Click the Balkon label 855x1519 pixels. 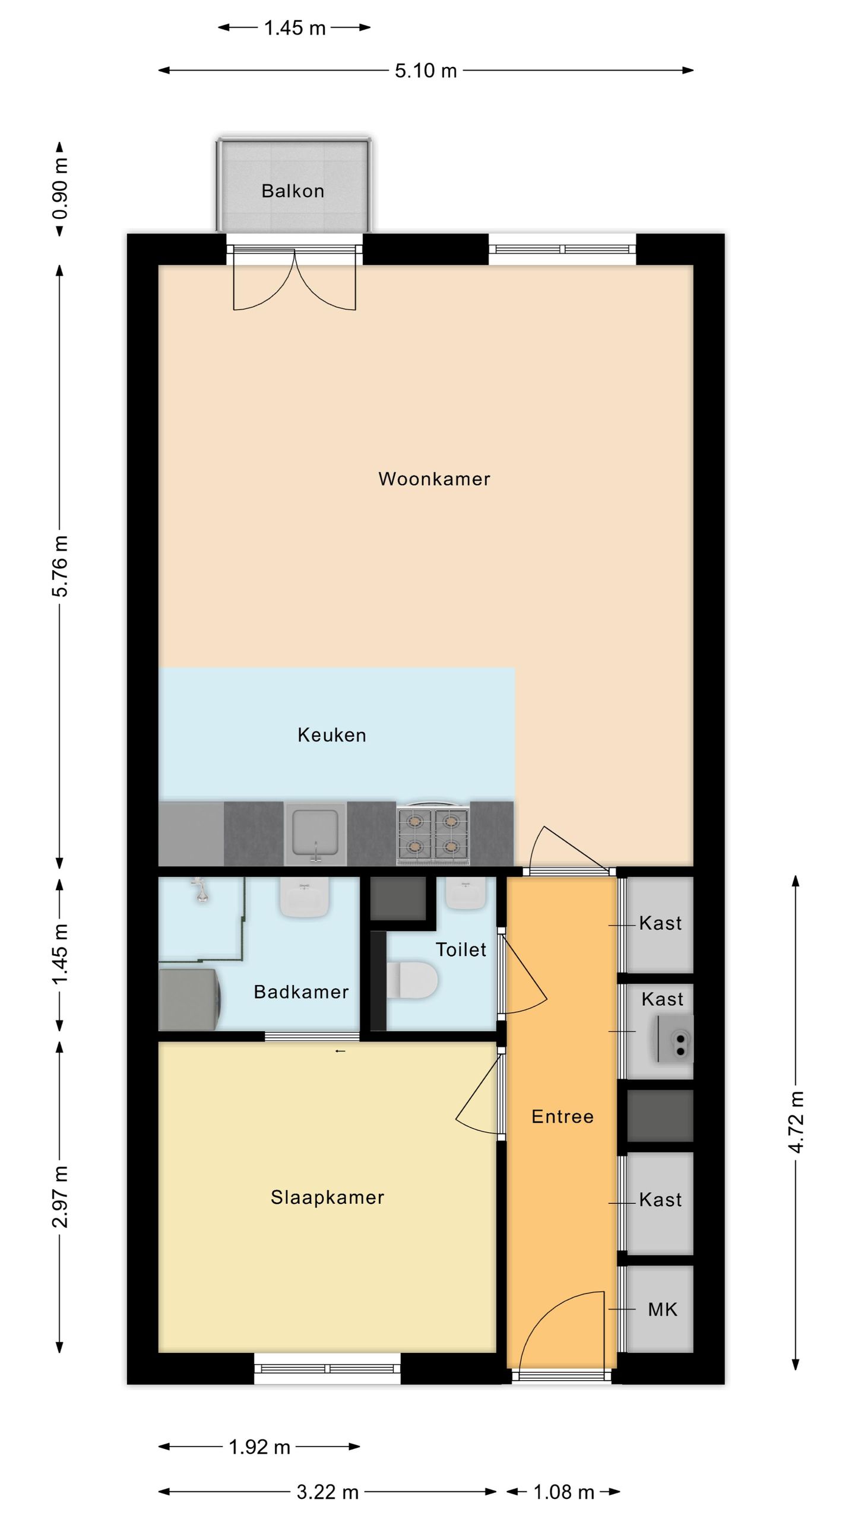pyautogui.click(x=293, y=191)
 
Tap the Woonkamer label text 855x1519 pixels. pyautogui.click(x=434, y=479)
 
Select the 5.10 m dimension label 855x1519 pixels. pyautogui.click(x=426, y=71)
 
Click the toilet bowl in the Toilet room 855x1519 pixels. pyautogui.click(x=413, y=980)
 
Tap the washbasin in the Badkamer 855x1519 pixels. pyautogui.click(x=305, y=898)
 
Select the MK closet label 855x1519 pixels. pyautogui.click(x=662, y=1310)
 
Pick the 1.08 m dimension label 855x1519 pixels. pyautogui.click(x=563, y=1492)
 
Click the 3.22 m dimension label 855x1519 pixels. pyautogui.click(x=328, y=1492)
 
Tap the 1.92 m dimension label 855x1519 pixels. pyautogui.click(x=259, y=1447)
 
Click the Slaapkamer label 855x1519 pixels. pyautogui.click(x=327, y=1197)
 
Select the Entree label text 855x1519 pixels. pyautogui.click(x=562, y=1117)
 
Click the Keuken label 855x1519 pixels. pyautogui.click(x=331, y=735)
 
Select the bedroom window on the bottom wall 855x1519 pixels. pyautogui.click(x=328, y=1369)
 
